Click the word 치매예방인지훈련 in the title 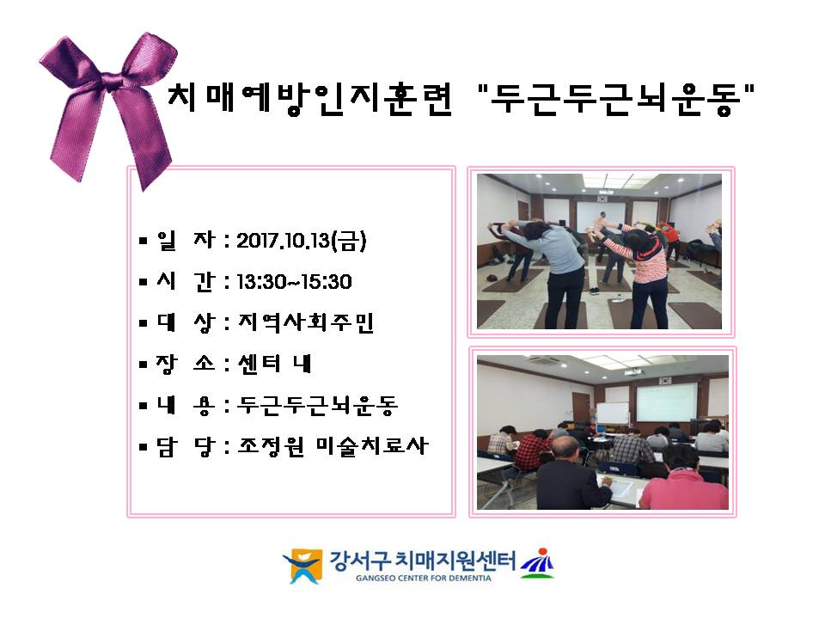[x=309, y=98]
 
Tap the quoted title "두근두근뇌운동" [x=617, y=98]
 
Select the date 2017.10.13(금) [x=301, y=241]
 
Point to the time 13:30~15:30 [x=294, y=282]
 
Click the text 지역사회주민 [x=306, y=322]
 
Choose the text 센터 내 [x=274, y=363]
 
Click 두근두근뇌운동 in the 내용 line [x=317, y=405]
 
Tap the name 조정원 [x=271, y=446]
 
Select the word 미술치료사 [x=372, y=446]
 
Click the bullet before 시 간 [x=144, y=283]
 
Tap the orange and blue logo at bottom [x=303, y=566]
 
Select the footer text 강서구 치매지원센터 [x=423, y=561]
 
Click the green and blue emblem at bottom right [x=537, y=563]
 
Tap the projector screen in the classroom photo [x=667, y=402]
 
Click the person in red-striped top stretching [x=642, y=273]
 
